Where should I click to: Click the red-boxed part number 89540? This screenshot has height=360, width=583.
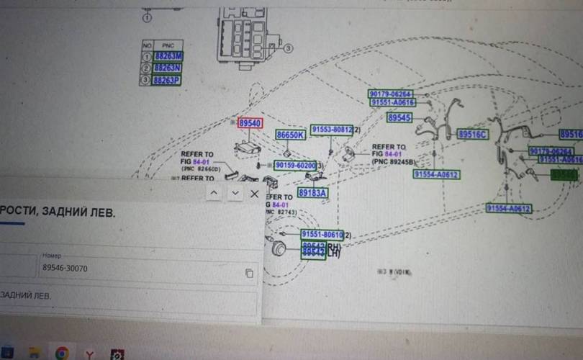click(x=250, y=124)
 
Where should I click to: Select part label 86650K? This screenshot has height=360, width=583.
click(x=291, y=135)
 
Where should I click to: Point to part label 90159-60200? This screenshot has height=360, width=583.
click(x=295, y=166)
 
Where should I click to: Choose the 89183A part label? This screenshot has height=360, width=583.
click(x=312, y=193)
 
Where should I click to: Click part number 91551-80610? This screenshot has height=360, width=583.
click(x=322, y=235)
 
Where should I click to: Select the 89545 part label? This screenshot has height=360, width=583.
click(x=399, y=117)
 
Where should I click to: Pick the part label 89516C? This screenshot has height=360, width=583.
click(x=472, y=135)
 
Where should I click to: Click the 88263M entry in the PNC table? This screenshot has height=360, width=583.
click(x=167, y=55)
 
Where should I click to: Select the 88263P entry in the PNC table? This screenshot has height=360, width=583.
click(x=167, y=80)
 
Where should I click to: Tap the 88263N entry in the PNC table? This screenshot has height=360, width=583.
click(x=167, y=68)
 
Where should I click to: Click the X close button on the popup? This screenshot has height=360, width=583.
click(x=254, y=194)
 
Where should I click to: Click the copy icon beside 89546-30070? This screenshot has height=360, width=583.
click(x=249, y=273)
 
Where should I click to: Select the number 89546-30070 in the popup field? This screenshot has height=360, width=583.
click(x=65, y=268)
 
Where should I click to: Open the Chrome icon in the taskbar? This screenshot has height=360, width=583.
click(x=62, y=353)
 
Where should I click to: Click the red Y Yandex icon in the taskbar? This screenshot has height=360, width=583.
click(x=90, y=353)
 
